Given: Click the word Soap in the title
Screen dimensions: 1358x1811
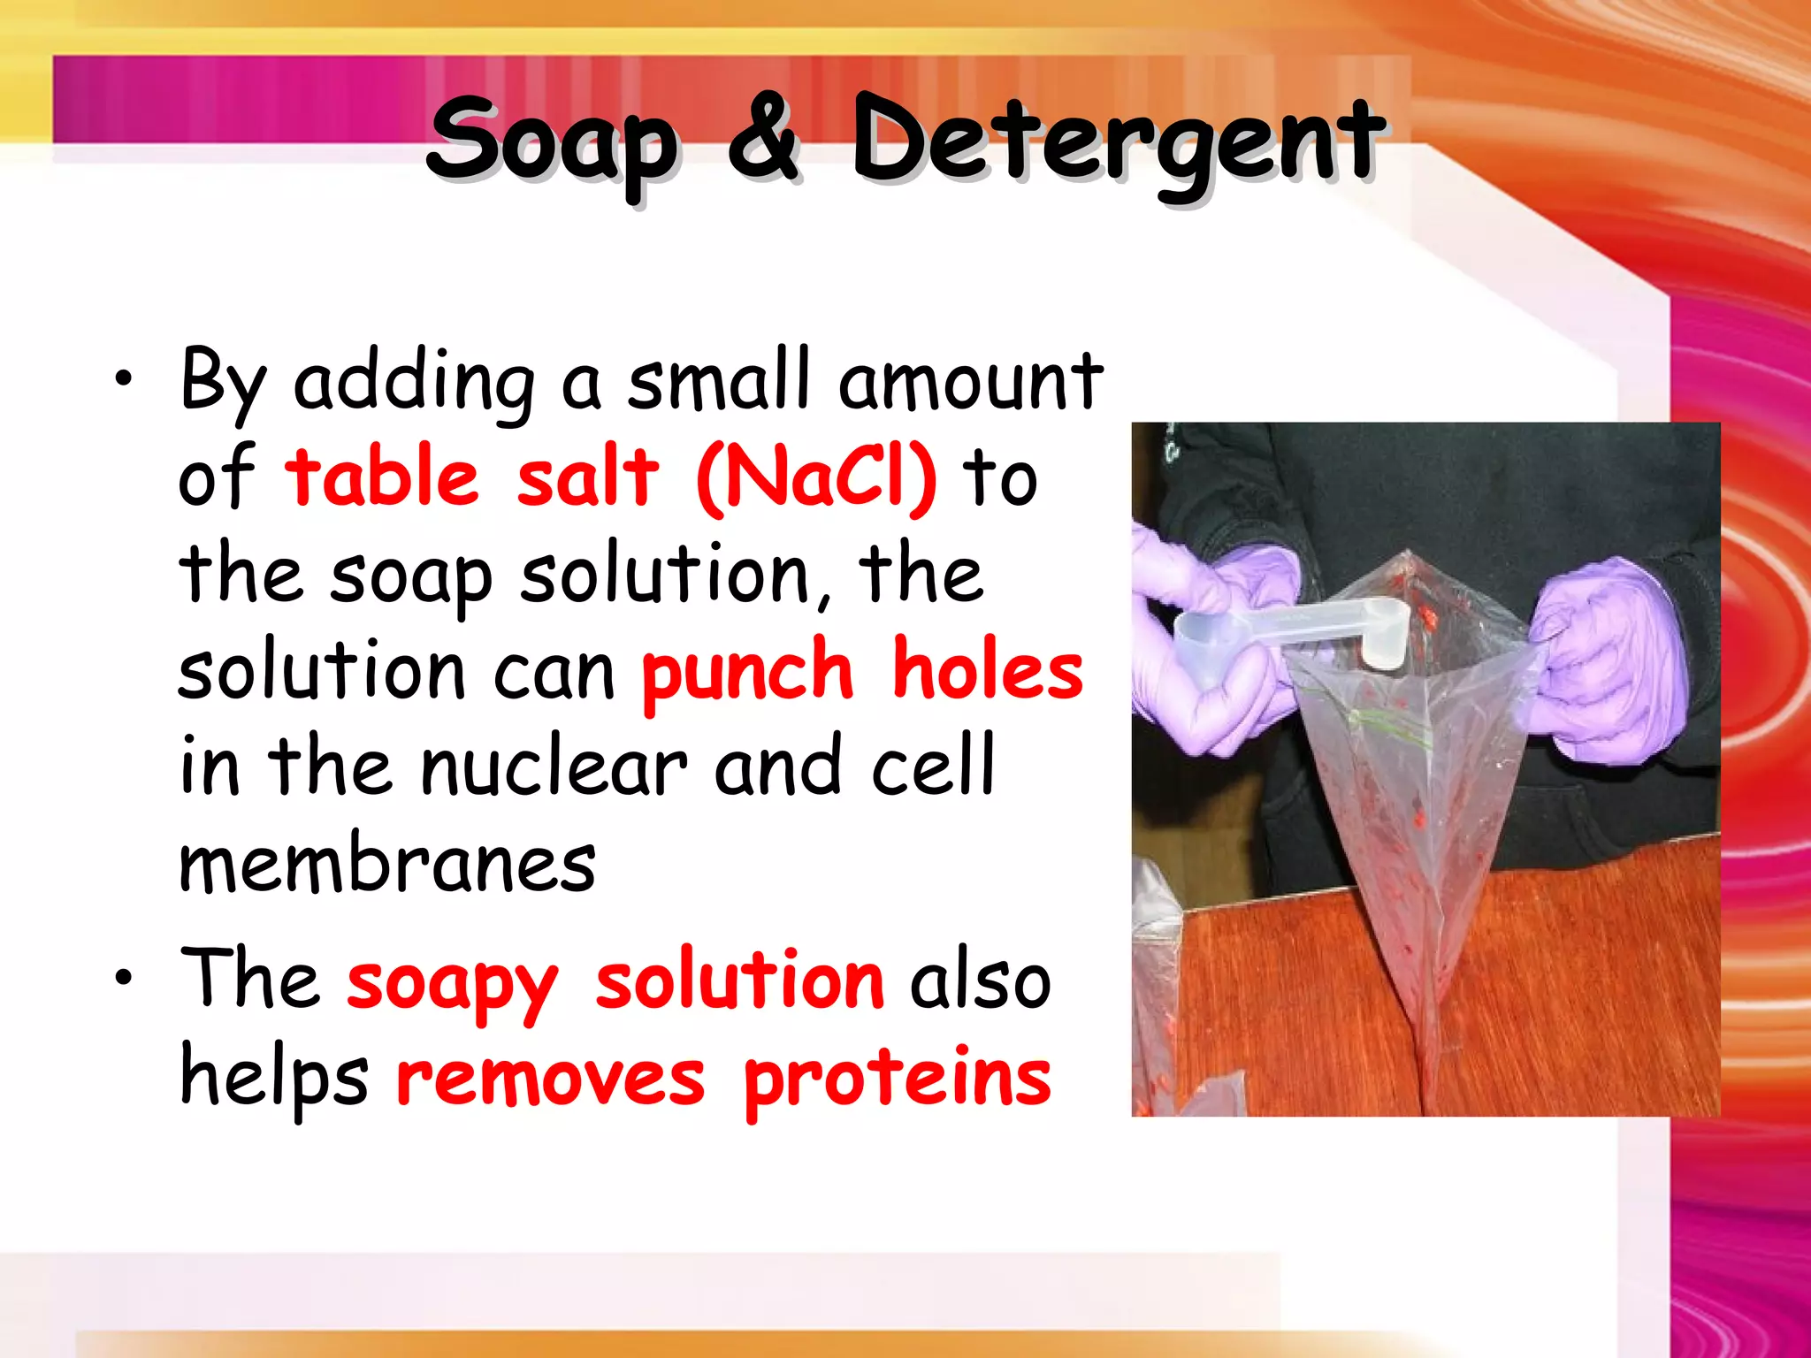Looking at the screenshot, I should (x=553, y=141).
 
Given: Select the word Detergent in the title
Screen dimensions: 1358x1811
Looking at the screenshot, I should (x=1117, y=141).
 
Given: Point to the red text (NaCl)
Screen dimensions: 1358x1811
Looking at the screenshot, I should (x=816, y=477).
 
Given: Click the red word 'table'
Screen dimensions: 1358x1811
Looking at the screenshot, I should (x=382, y=477).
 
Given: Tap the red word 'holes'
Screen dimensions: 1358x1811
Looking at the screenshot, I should (x=987, y=670).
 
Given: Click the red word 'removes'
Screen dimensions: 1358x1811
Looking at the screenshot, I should (x=550, y=1079).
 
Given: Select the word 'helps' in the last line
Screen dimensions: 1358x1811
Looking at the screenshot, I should (x=274, y=1079).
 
